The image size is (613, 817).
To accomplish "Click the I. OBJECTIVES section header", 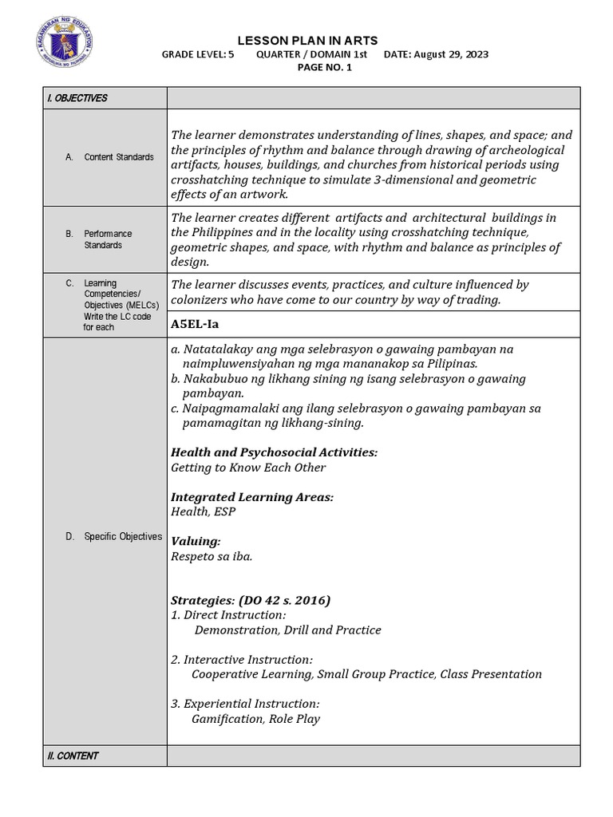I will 77,98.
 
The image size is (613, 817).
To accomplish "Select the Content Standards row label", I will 118,157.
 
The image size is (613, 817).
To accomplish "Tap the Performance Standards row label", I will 109,239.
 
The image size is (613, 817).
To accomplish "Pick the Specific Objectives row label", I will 122,537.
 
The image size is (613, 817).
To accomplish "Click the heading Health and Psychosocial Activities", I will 274,452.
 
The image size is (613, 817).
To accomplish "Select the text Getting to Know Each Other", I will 248,468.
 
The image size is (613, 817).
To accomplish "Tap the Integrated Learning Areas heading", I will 252,497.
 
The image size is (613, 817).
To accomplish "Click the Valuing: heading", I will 196,541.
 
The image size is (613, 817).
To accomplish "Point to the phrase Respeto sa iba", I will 212,556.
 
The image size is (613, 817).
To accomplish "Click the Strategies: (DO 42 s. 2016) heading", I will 251,600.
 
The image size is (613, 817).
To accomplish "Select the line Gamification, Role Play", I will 255,719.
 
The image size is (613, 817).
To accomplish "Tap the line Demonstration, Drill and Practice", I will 287,630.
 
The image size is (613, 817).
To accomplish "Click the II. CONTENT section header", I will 73,756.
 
